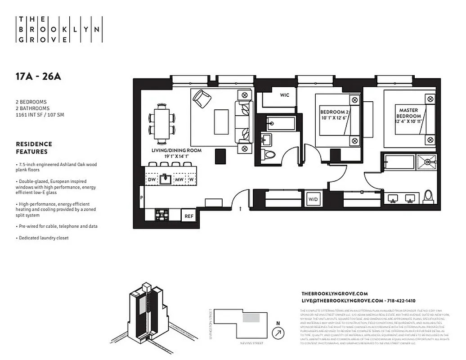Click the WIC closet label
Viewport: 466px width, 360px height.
(x=284, y=95)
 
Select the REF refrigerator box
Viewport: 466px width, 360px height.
(x=189, y=216)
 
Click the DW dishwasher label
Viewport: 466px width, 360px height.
(x=152, y=179)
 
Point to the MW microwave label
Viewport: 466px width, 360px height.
(x=179, y=179)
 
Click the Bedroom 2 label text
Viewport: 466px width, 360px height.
(x=334, y=115)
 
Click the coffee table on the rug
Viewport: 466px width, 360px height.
(x=221, y=121)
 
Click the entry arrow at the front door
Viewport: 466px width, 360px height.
(x=241, y=209)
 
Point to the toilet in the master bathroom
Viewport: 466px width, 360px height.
(x=428, y=197)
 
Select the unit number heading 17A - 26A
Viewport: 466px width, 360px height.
(x=38, y=76)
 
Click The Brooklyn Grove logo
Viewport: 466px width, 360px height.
(x=59, y=30)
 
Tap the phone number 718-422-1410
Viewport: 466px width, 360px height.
(x=401, y=301)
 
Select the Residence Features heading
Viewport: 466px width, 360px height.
(x=34, y=148)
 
